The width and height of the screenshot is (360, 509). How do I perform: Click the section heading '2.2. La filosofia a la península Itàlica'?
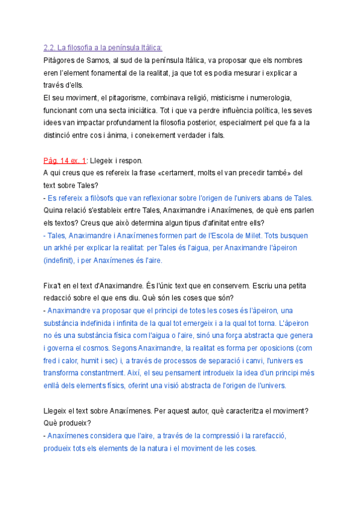103,48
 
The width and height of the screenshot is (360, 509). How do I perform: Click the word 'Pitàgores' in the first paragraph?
59,61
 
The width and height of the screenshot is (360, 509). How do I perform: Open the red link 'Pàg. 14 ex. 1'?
65,160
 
